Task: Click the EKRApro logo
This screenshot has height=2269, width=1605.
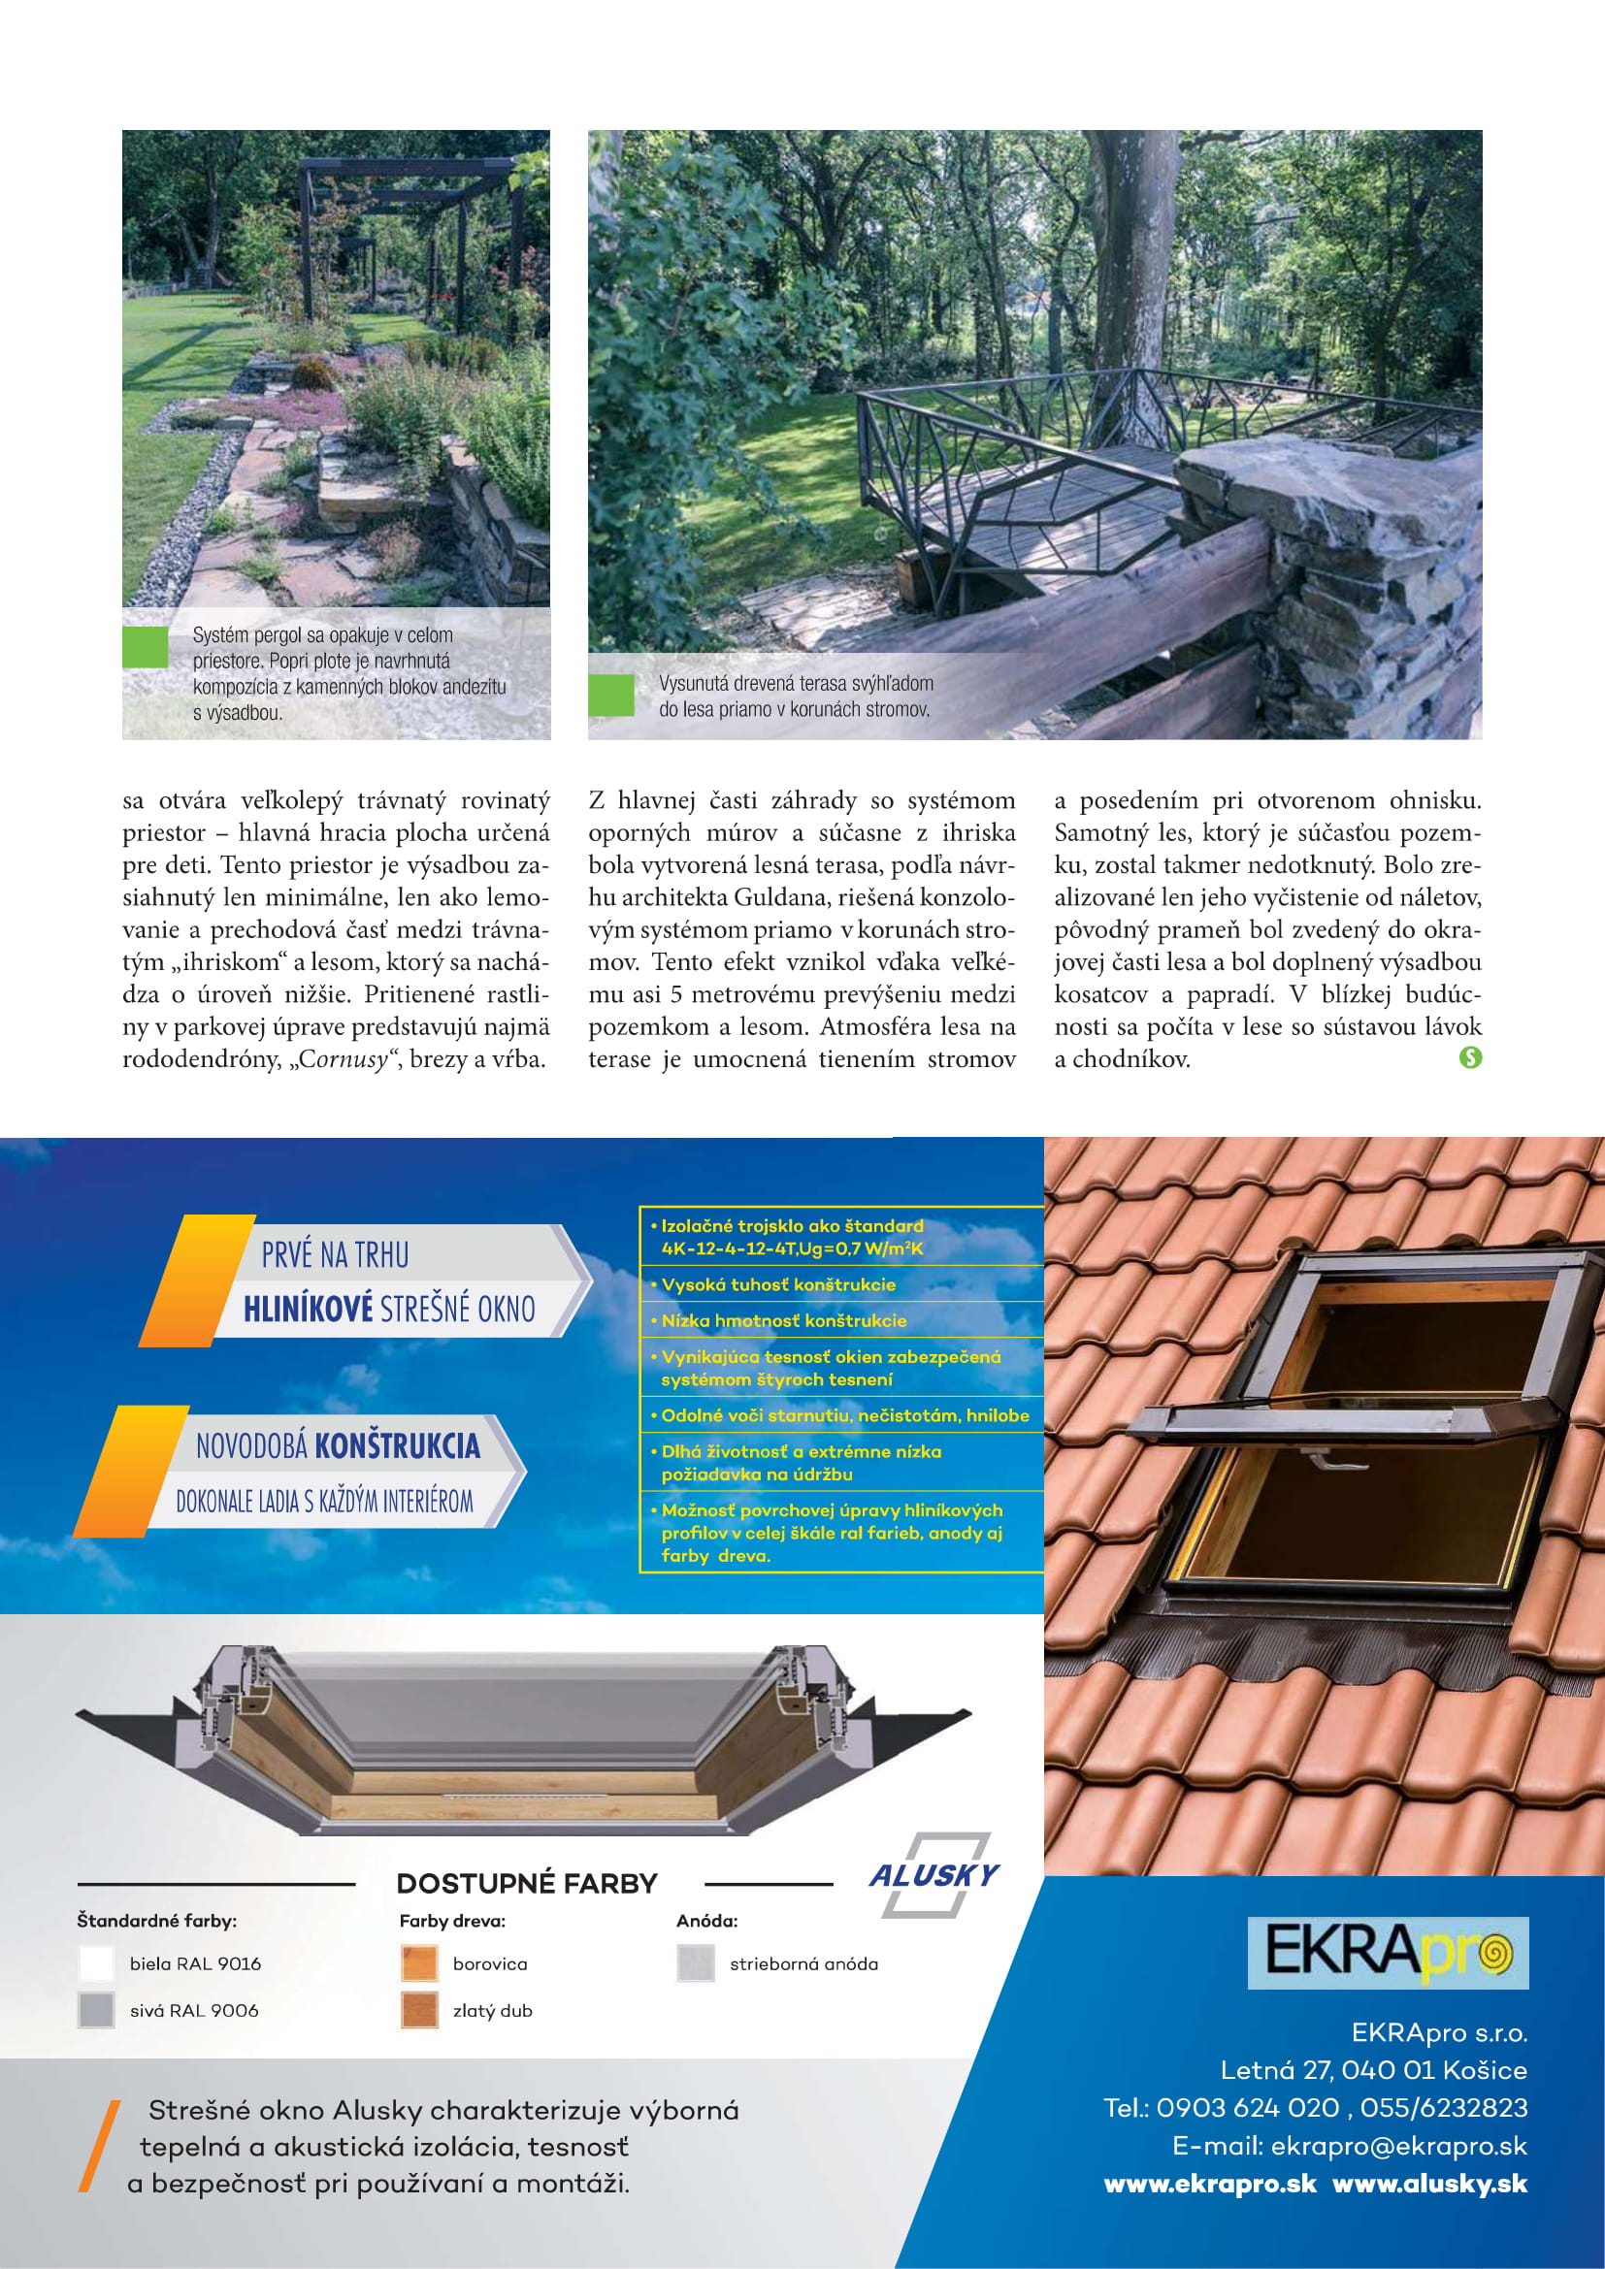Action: tap(1388, 1952)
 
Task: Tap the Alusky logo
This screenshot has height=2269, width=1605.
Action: tap(934, 1875)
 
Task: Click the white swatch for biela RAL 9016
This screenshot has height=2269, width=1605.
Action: tap(96, 1962)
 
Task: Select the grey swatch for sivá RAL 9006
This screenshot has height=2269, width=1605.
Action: tap(96, 2010)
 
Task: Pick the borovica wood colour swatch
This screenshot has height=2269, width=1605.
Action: tap(419, 1962)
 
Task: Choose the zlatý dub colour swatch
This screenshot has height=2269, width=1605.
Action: tap(419, 2010)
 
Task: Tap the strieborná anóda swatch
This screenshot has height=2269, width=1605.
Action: tap(695, 1962)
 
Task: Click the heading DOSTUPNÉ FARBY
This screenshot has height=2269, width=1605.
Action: tap(527, 1884)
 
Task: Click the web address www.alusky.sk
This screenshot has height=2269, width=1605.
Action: tap(1429, 2183)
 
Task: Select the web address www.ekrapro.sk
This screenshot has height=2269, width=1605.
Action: tap(1210, 2183)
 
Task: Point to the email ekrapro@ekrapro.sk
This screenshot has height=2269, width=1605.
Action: tap(1398, 2146)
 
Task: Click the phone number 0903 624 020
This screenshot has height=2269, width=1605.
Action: tap(1247, 2108)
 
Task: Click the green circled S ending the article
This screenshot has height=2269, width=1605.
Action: tap(1469, 1058)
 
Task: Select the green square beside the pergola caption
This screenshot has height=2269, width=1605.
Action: tap(146, 647)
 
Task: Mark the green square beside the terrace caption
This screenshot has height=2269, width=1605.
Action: tap(610, 695)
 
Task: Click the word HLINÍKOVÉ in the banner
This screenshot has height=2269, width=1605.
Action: tap(308, 1311)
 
